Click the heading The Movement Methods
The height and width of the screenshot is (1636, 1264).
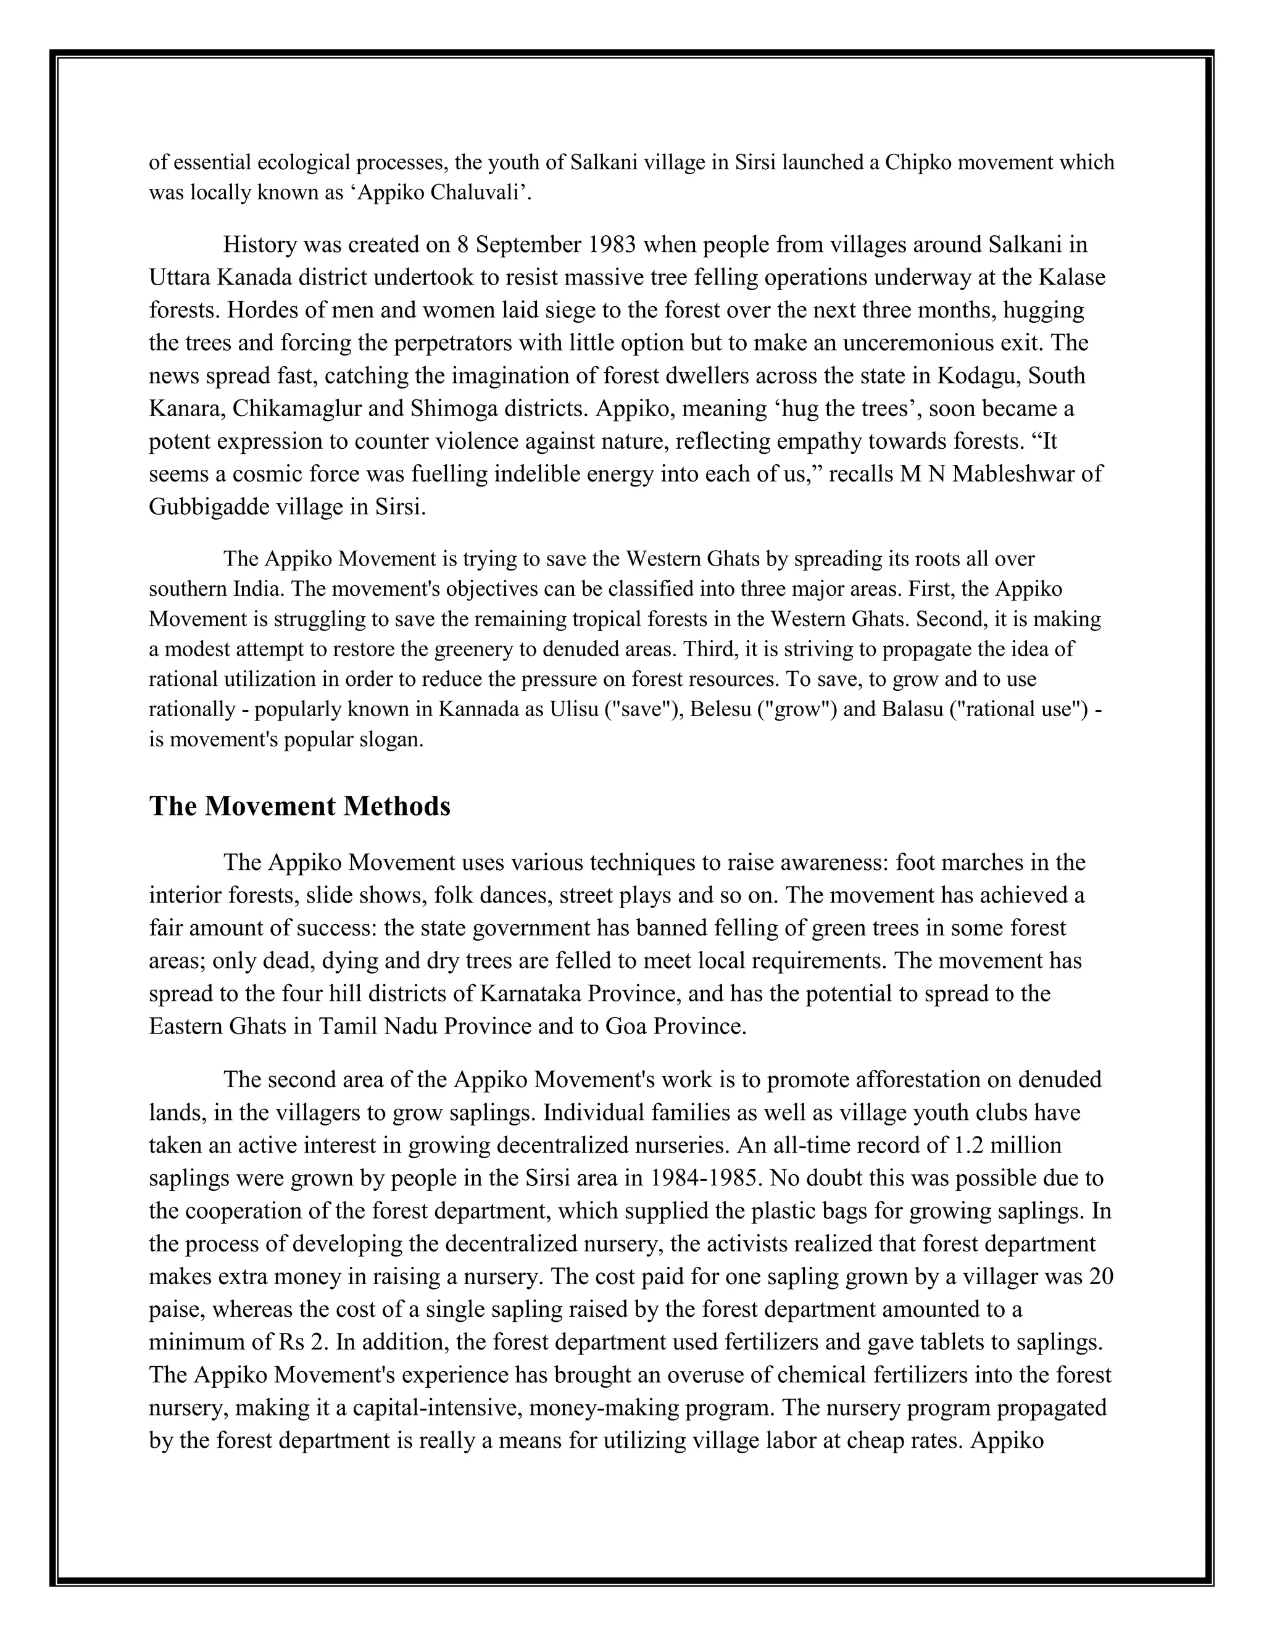tap(299, 807)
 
